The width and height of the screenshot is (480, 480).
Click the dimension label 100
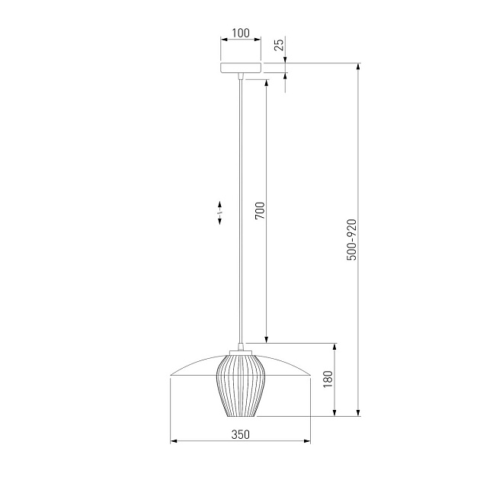[241, 33]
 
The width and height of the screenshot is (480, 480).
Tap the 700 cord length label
[260, 210]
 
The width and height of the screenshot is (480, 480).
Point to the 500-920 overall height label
[352, 240]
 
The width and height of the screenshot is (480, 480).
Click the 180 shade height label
[328, 379]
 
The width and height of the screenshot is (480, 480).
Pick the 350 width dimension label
[241, 434]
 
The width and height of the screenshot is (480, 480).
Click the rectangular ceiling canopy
[241, 68]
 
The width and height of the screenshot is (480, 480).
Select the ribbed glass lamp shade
[240, 386]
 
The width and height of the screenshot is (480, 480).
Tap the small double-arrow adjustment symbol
[219, 213]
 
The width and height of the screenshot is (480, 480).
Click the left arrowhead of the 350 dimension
[174, 441]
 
